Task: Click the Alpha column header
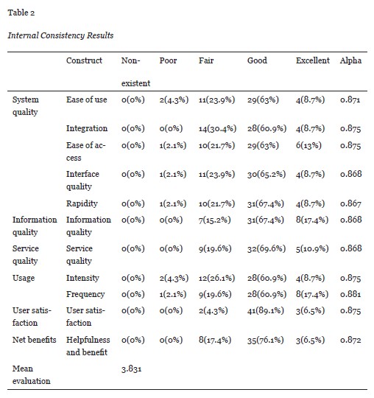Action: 350,60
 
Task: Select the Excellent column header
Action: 313,60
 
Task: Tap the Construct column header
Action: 83,60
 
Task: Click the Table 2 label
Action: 23,12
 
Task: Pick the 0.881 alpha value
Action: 350,294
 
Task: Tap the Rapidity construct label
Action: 81,203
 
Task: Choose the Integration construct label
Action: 86,128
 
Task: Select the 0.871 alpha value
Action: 350,99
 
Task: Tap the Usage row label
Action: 24,279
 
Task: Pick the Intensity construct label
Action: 82,279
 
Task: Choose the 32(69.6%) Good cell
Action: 267,248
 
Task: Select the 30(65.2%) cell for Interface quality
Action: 267,174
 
